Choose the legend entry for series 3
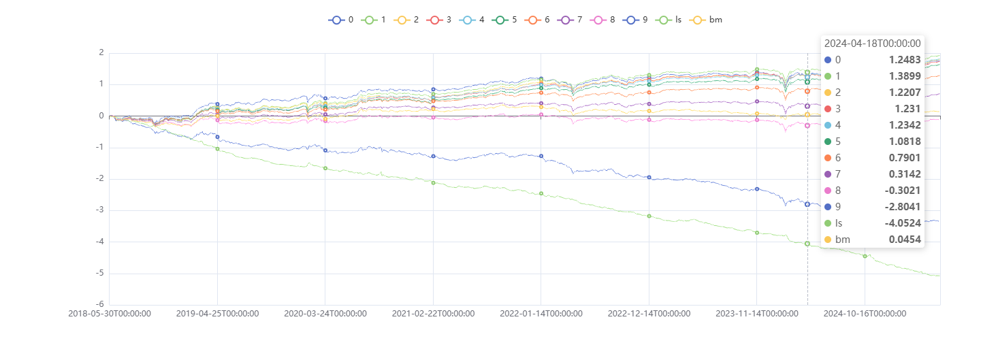tap(440, 20)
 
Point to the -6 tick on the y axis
tap(100, 305)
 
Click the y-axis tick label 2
tap(101, 53)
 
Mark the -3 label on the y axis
tap(100, 210)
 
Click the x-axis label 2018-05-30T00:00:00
tap(110, 314)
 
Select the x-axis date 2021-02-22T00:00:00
tap(433, 314)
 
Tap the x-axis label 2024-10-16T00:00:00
tap(865, 314)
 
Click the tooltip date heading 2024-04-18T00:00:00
tap(872, 44)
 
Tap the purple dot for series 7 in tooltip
tap(828, 174)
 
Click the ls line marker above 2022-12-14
tap(649, 216)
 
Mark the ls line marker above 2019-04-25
tap(217, 148)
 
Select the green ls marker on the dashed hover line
tap(807, 243)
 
